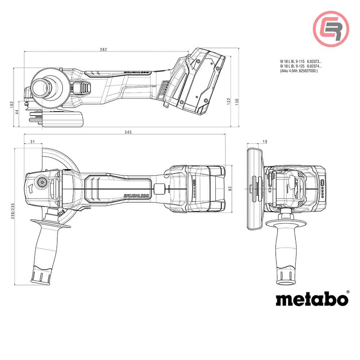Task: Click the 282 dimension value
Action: click(x=103, y=49)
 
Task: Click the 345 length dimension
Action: click(x=128, y=132)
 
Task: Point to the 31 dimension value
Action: click(x=32, y=141)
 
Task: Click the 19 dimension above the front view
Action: click(x=255, y=141)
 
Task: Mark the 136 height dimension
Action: click(x=236, y=102)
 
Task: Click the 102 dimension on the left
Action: click(x=12, y=104)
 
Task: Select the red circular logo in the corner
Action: click(x=331, y=28)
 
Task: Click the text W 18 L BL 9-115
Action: click(x=292, y=62)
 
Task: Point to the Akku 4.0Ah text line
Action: click(x=299, y=71)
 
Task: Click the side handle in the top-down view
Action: click(x=43, y=248)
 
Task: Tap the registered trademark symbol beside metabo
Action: click(x=347, y=292)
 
